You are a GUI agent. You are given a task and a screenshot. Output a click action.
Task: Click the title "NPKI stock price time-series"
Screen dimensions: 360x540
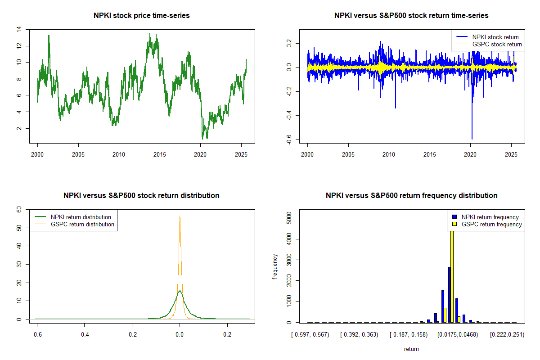tap(141, 16)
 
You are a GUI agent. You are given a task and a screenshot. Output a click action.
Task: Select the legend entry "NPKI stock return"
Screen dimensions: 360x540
tap(495, 37)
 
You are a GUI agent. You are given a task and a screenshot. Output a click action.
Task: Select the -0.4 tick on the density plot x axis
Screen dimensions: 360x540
tap(84, 334)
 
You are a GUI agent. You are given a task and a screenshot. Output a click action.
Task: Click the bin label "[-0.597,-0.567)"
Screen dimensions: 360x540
tap(310, 334)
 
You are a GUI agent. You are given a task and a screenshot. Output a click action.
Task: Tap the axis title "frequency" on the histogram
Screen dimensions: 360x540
tap(275, 267)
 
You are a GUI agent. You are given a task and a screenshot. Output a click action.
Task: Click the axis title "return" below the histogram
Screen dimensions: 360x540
tap(411, 349)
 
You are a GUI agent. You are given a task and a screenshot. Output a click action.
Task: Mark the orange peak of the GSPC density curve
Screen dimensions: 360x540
tap(180, 216)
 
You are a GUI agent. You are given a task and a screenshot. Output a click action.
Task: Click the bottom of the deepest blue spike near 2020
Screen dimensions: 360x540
tap(472, 139)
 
